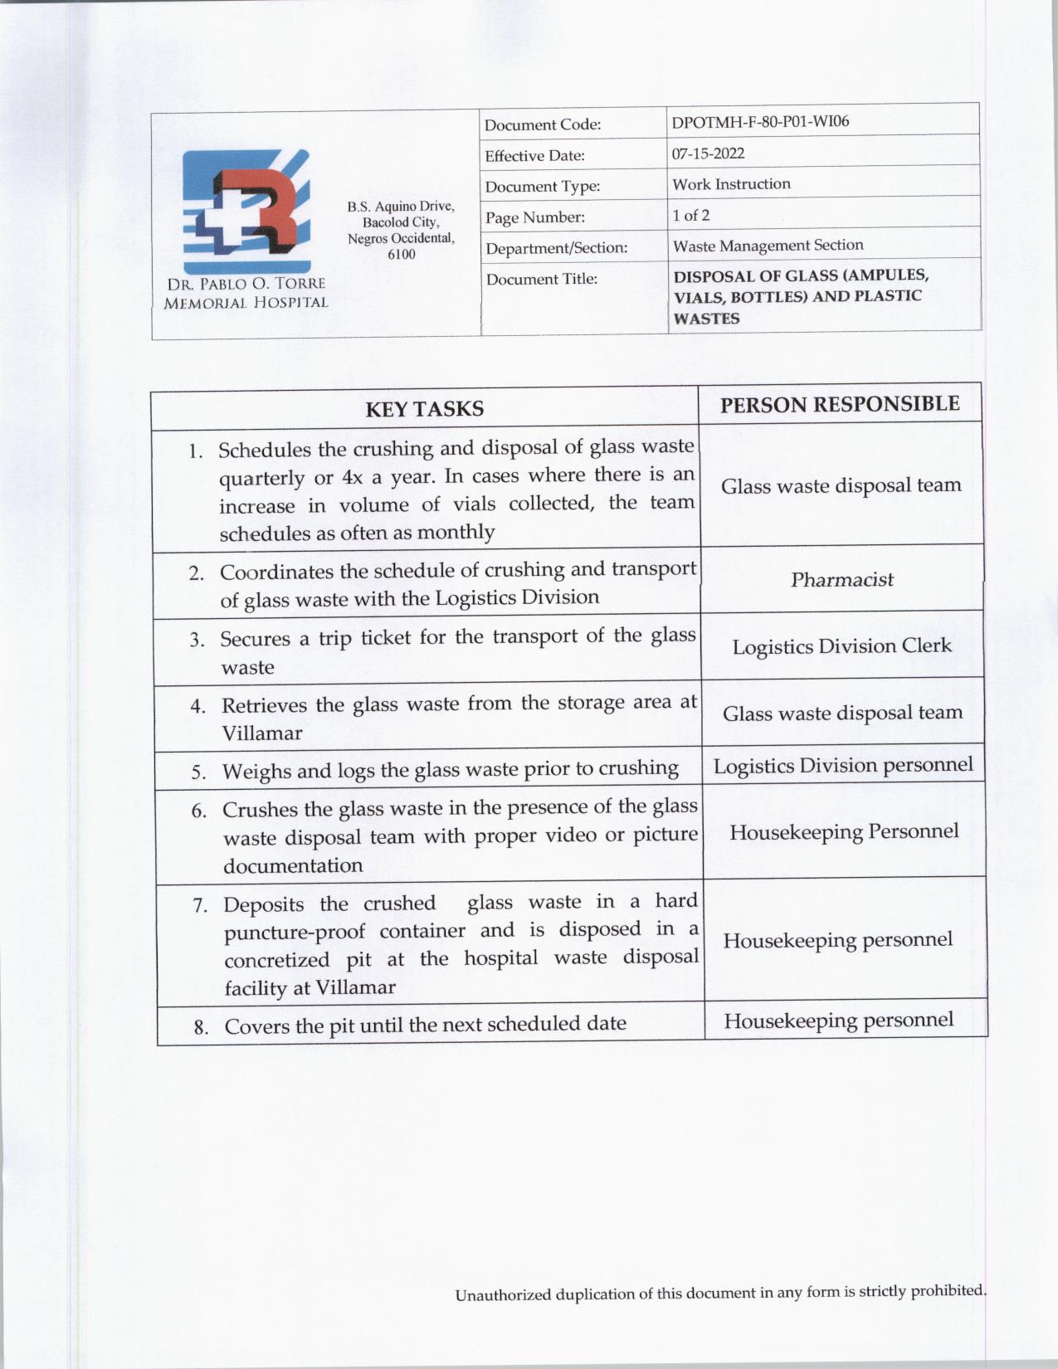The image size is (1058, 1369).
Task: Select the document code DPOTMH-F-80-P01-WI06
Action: click(x=760, y=122)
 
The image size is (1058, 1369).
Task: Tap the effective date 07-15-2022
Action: click(x=708, y=153)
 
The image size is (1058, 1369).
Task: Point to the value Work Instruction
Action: click(x=731, y=184)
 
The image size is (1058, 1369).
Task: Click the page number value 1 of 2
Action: click(x=690, y=216)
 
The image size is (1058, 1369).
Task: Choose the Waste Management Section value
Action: click(x=768, y=246)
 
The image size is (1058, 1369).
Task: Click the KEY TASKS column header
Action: click(x=424, y=409)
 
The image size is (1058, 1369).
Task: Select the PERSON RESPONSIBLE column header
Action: click(x=840, y=405)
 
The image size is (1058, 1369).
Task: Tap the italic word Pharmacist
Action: click(x=841, y=580)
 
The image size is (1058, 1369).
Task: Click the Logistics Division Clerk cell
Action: click(x=841, y=646)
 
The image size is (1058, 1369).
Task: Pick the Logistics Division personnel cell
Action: click(x=843, y=765)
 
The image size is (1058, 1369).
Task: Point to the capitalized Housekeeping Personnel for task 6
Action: click(x=844, y=832)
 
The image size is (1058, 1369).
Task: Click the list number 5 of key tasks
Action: click(x=198, y=772)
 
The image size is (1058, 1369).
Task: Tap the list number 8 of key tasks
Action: click(x=201, y=1028)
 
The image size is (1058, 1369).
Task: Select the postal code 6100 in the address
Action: click(x=402, y=254)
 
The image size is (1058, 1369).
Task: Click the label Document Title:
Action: click(x=541, y=280)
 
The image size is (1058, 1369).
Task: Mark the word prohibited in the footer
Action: click(x=946, y=1291)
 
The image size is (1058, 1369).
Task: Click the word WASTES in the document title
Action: click(x=706, y=319)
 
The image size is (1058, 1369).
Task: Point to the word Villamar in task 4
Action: click(x=262, y=733)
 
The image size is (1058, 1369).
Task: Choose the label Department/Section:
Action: click(x=556, y=248)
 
